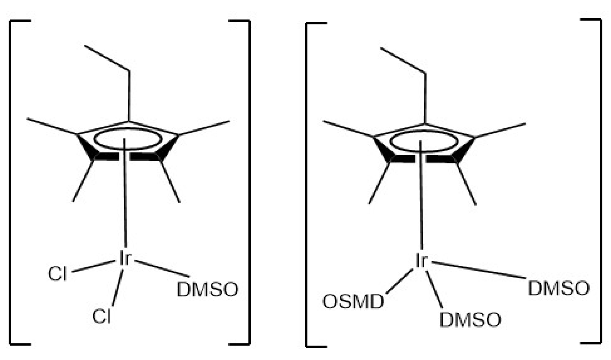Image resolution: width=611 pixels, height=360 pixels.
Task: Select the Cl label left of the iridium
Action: (57, 274)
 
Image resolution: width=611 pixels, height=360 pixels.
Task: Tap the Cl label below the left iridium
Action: (101, 316)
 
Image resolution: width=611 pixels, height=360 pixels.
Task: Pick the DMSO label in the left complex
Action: (207, 289)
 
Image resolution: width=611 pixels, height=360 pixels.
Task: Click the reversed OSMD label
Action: (353, 302)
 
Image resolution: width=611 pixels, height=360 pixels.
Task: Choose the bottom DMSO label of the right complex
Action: (470, 320)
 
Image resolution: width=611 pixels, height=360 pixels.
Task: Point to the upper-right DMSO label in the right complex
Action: (559, 288)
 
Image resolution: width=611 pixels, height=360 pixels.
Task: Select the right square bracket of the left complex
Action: (249, 182)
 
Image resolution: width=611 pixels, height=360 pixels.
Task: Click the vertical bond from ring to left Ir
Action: (125, 199)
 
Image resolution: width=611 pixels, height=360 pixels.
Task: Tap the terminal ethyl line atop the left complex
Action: (107, 58)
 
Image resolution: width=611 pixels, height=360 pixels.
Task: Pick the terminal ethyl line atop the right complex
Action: (403, 60)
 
